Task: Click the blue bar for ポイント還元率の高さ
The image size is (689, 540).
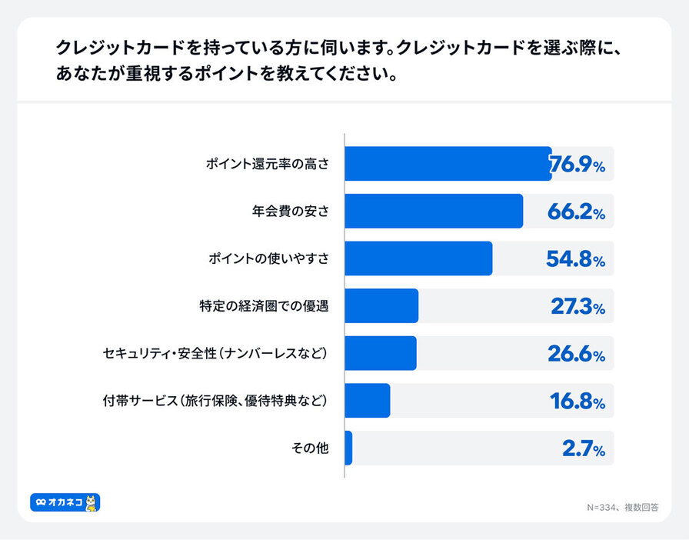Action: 448,164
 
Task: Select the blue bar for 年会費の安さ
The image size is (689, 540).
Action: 434,212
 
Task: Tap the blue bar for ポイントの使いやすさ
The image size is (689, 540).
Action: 418,258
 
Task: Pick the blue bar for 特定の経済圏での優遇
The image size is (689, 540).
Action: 381,306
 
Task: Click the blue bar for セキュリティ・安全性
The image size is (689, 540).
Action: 381,354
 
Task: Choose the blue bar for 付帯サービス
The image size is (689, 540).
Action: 368,401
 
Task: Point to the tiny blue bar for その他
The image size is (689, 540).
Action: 348,448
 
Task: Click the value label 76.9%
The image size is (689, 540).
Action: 577,165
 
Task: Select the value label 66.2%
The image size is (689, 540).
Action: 576,212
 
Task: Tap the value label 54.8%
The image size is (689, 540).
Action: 576,259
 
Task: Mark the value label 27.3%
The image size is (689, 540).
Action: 577,307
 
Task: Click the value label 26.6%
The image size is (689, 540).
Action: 576,355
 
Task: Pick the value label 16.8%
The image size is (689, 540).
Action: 577,402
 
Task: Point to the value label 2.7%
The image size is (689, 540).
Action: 584,449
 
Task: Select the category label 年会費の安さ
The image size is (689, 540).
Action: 290,212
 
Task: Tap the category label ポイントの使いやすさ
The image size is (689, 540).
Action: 268,259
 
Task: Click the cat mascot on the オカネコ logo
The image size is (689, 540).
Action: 92,502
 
